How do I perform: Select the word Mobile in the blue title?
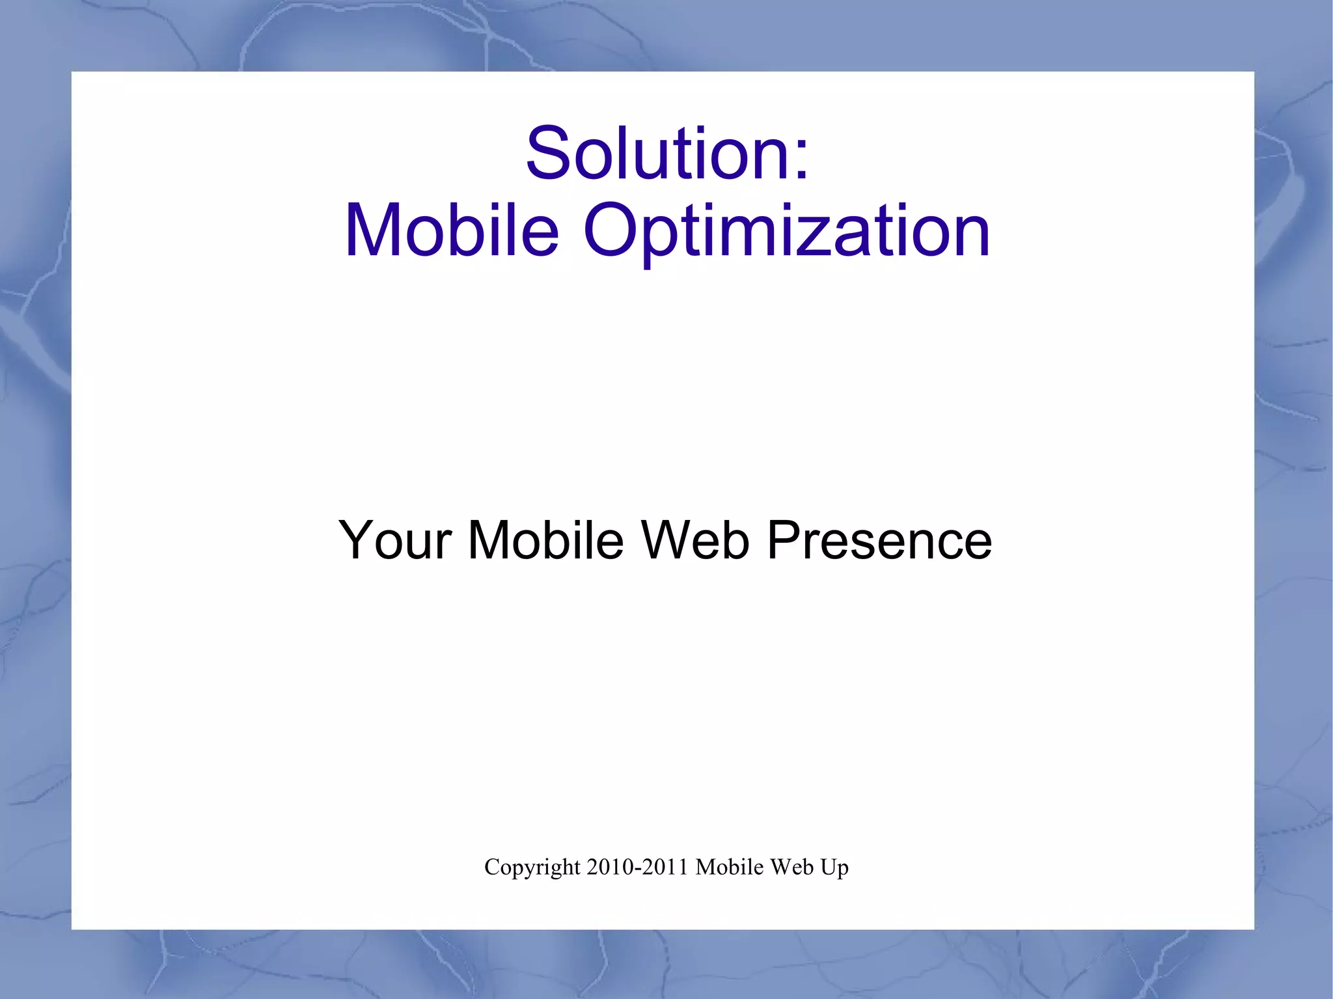click(452, 230)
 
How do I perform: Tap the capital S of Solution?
click(548, 154)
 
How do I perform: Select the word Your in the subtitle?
click(395, 540)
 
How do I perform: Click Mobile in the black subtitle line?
click(546, 540)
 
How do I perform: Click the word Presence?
click(879, 540)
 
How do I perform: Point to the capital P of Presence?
click(785, 540)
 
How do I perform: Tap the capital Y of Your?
click(357, 540)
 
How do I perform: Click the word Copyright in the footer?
click(532, 868)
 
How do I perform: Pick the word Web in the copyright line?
click(791, 868)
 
